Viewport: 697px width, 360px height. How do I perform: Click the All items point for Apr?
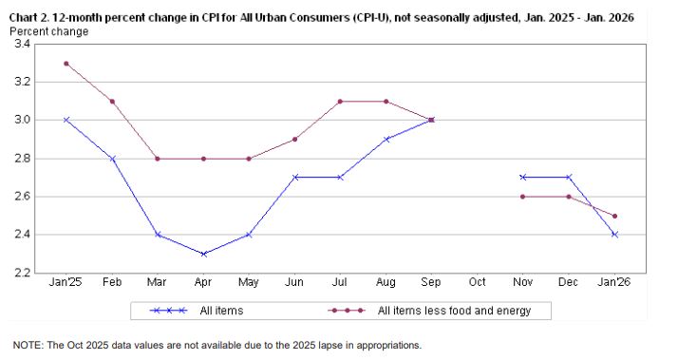203,254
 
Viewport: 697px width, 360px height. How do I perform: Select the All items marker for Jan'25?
66,120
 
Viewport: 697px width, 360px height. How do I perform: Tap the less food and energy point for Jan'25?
66,64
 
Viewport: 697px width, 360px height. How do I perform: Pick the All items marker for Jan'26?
615,235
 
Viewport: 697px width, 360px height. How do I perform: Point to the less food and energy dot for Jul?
340,102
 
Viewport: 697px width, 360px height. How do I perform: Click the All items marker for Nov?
523,177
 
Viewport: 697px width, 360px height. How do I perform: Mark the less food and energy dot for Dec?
569,197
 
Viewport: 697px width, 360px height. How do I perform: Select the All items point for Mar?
158,235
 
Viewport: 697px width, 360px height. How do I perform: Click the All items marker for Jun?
294,177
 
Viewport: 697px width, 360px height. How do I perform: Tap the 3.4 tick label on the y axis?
22,45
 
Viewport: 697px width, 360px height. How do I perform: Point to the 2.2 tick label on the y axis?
22,274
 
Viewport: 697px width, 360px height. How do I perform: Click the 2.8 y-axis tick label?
22,159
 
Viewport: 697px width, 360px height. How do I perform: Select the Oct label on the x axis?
478,283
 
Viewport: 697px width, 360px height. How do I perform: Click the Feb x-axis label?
111,283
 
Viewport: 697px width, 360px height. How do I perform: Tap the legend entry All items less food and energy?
454,311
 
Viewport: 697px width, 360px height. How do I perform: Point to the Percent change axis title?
48,31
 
